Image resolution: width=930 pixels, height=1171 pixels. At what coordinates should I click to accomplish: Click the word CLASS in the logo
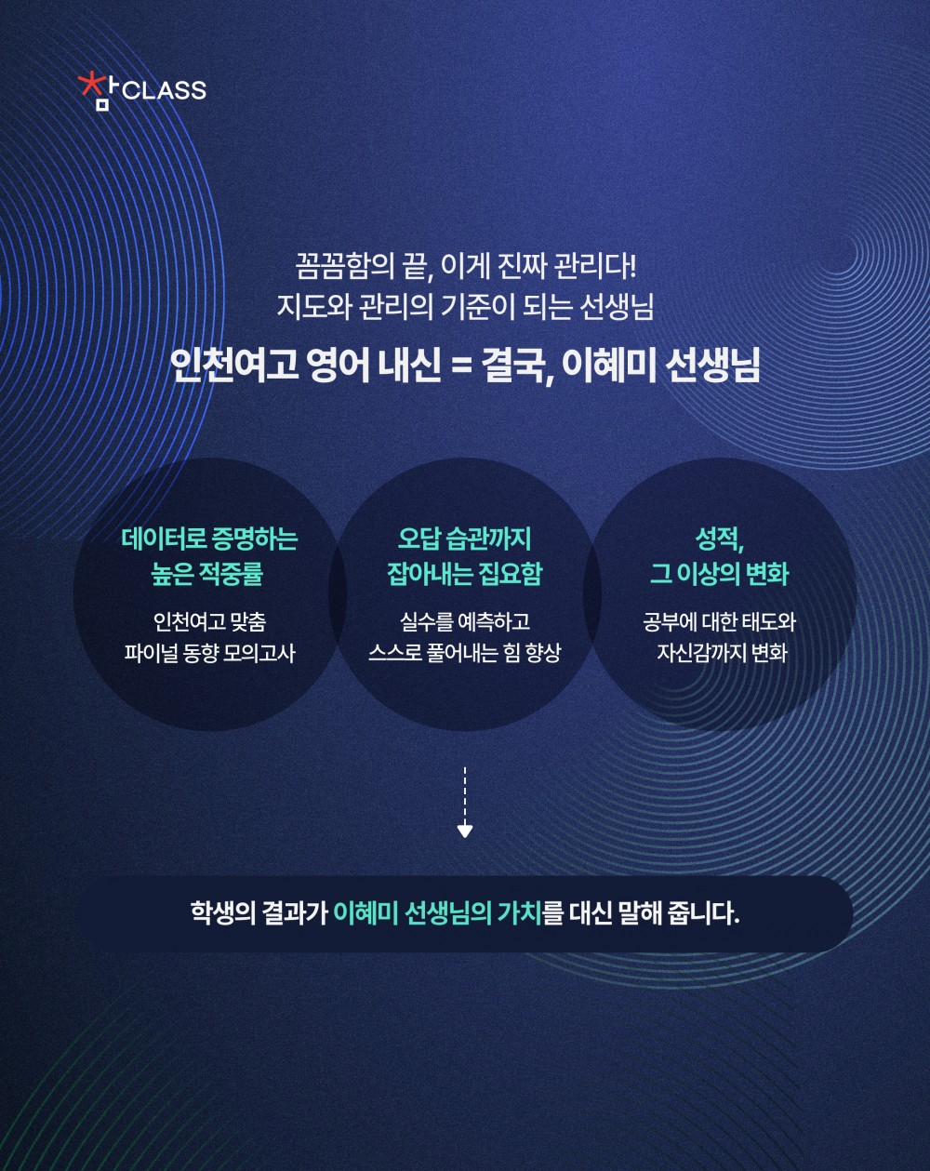[x=164, y=91]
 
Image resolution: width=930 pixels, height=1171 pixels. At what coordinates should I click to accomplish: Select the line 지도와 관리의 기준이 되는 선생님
[x=465, y=307]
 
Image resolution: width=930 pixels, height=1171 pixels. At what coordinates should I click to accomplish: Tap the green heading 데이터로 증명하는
[x=209, y=539]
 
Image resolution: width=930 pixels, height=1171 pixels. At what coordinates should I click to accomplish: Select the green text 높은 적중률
[x=207, y=574]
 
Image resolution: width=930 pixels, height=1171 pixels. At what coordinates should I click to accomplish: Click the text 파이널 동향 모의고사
[x=209, y=653]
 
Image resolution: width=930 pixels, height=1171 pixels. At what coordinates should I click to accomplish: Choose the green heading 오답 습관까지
[x=464, y=539]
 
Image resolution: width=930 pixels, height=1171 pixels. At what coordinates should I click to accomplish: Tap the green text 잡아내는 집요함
[x=464, y=574]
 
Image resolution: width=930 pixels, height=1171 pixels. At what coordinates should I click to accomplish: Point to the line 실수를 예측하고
[x=464, y=621]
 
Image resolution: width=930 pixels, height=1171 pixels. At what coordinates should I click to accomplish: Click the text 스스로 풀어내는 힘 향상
[x=464, y=653]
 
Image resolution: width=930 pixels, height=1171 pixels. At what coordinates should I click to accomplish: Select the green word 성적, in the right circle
[x=719, y=539]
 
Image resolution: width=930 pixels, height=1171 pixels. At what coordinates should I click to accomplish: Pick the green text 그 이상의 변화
[x=719, y=574]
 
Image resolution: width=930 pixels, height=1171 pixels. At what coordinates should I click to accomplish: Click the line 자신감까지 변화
[x=722, y=653]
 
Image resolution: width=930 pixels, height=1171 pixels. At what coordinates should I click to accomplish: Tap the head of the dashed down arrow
[x=465, y=830]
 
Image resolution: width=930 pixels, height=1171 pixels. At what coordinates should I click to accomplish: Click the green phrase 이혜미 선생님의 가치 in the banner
[x=437, y=912]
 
